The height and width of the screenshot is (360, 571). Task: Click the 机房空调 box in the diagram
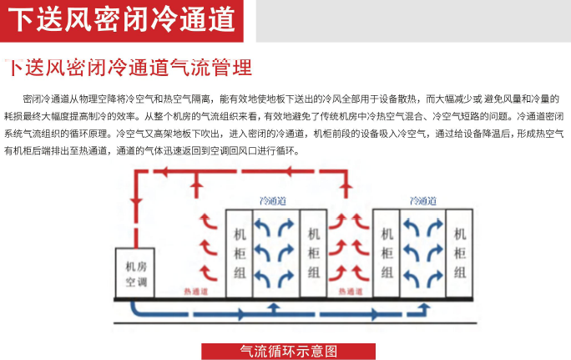point(136,272)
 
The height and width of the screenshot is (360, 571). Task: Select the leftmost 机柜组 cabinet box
point(240,251)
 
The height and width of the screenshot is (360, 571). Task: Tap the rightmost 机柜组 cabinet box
point(460,251)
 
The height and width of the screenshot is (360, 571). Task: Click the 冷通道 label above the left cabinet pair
point(274,200)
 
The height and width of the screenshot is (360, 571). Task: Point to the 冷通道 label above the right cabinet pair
point(422,200)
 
